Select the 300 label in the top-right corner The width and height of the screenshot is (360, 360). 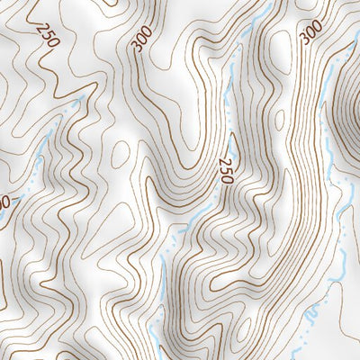pyautogui.click(x=310, y=32)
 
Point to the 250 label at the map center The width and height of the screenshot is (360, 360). pyautogui.click(x=225, y=169)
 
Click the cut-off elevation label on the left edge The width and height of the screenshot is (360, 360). pyautogui.click(x=4, y=202)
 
